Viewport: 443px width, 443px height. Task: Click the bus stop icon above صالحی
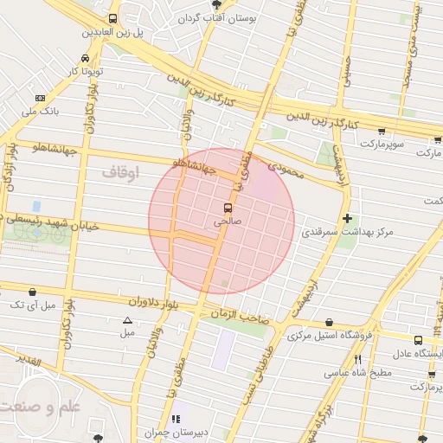click(228, 208)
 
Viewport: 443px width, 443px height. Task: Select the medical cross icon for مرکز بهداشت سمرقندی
click(348, 218)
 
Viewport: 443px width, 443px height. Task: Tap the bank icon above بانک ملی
click(40, 99)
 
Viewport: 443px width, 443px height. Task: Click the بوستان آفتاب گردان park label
click(214, 17)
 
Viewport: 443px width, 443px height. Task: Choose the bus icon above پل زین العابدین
click(112, 18)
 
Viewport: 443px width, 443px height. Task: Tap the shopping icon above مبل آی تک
click(33, 292)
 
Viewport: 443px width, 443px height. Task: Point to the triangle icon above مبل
click(128, 321)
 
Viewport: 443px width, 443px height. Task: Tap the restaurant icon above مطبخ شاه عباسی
click(357, 359)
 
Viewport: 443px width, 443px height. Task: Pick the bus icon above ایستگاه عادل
click(419, 340)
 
